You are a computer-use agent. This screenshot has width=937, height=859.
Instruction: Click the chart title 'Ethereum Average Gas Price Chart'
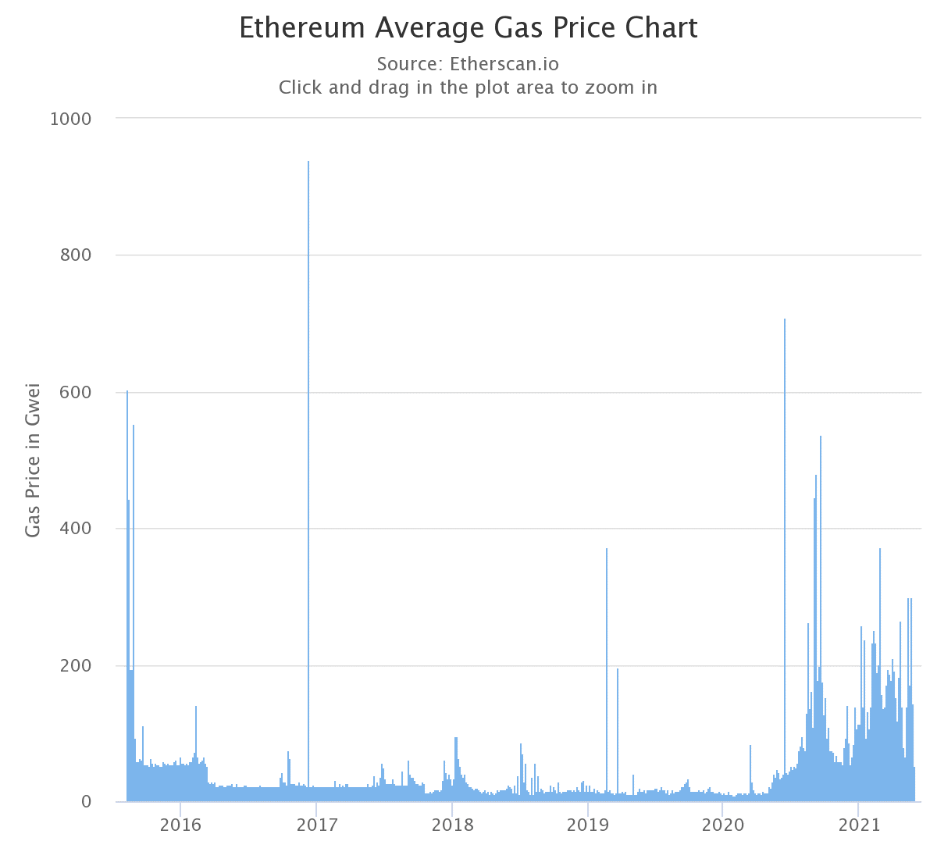(x=468, y=28)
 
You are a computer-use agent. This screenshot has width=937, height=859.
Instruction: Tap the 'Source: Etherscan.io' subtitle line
(x=468, y=63)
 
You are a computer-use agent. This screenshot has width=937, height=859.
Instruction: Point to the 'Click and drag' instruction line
(x=468, y=87)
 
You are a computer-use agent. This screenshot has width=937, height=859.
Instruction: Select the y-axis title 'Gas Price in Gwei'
(x=33, y=459)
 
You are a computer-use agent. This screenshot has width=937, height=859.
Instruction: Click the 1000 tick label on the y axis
(x=70, y=119)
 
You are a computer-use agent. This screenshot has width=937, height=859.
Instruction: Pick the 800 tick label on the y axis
(x=76, y=255)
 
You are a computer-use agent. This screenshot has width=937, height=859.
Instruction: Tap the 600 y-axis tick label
(x=76, y=392)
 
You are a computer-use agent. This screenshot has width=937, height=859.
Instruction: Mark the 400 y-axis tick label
(x=76, y=529)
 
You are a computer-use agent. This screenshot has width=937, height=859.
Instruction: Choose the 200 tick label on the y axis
(x=76, y=666)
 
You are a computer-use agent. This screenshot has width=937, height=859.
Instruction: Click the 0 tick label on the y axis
(x=86, y=802)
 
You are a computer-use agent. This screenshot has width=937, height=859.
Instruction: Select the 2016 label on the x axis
(x=180, y=825)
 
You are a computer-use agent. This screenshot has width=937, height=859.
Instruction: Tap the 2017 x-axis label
(x=316, y=825)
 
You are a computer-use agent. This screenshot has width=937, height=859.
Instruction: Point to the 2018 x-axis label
(x=451, y=825)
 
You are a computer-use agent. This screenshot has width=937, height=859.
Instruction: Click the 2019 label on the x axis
(x=587, y=825)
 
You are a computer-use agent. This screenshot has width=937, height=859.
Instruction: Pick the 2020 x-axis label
(x=723, y=825)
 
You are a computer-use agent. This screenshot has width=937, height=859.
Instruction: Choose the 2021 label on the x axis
(x=858, y=825)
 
